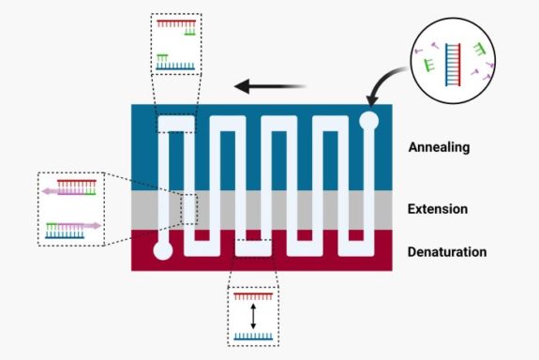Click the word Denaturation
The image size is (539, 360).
click(x=447, y=252)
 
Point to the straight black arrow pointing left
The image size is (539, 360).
click(x=272, y=88)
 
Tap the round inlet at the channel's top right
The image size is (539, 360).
click(x=369, y=121)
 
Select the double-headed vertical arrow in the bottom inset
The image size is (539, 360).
click(x=253, y=314)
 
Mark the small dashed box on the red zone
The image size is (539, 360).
click(x=254, y=247)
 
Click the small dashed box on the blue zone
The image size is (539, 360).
click(x=175, y=126)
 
